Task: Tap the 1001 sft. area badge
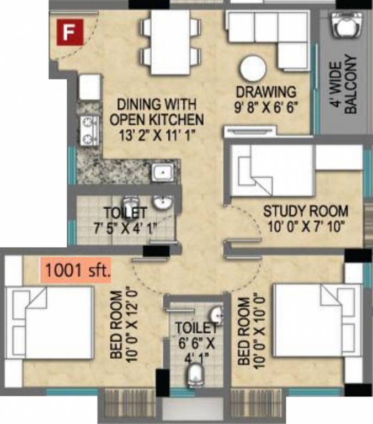point(77,271)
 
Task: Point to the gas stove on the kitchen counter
point(88,130)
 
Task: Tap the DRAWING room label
point(266,92)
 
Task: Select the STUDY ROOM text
point(305,210)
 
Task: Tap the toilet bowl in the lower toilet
point(195,377)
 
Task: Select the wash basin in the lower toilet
point(217,315)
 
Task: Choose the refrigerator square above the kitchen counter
point(89,87)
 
